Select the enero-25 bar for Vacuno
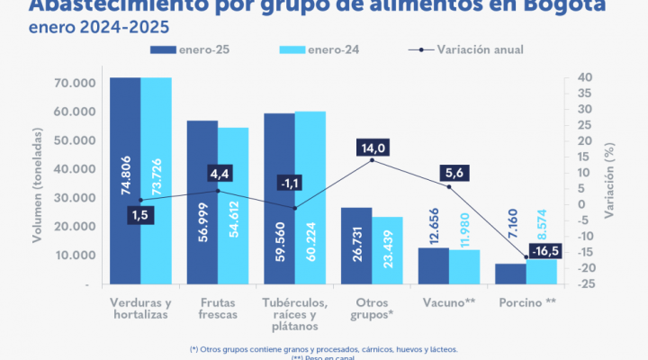pos(434,265)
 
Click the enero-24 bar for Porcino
pos(542,270)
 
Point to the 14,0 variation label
pos(372,148)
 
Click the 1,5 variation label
pos(139,215)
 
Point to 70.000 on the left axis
pos(76,83)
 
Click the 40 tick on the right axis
pos(584,77)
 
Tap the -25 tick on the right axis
pos(584,284)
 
